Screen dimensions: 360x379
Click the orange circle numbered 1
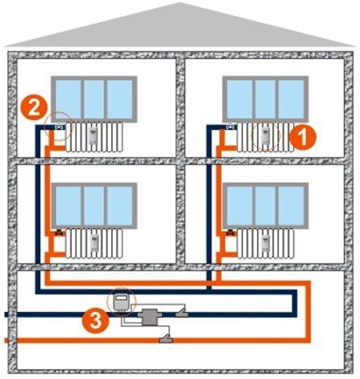tap(303, 137)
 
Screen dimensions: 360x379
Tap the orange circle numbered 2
tap(34, 107)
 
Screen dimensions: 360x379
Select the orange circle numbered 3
tap(96, 320)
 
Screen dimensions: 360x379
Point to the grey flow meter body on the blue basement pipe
tap(147, 317)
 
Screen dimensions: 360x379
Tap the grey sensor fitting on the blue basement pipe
tap(182, 313)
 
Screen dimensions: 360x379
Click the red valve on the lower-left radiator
tap(60, 233)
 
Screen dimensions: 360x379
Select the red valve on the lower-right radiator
tap(231, 233)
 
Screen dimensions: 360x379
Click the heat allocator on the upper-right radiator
tap(265, 135)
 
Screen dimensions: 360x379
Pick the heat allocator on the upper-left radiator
tap(93, 136)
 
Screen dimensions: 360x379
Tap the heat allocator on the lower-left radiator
tap(94, 243)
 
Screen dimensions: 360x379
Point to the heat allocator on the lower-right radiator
tap(266, 243)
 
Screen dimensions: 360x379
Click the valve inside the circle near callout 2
tap(60, 126)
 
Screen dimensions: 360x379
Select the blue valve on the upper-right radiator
tap(231, 126)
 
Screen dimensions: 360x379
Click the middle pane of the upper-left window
tap(94, 99)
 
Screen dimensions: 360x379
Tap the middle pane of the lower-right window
tap(265, 206)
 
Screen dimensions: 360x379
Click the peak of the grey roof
tap(180, 3)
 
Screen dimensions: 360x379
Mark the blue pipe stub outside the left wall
tap(6, 314)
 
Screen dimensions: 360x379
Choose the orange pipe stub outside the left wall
tap(6, 340)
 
